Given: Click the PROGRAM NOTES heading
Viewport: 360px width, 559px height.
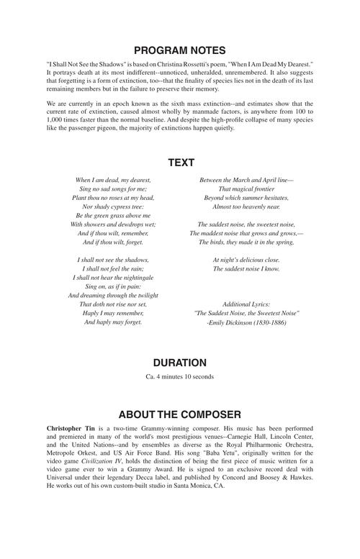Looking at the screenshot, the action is point(180,50).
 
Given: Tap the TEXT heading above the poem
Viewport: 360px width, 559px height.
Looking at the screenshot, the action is point(180,163).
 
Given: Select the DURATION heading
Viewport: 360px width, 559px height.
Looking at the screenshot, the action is point(180,363).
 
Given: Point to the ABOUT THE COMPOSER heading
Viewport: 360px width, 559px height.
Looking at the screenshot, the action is point(180,414).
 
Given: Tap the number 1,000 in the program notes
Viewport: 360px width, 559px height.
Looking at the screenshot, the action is point(56,120).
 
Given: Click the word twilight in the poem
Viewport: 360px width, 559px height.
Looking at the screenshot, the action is point(140,295).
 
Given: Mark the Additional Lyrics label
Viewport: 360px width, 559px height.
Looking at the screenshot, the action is point(246,304).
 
